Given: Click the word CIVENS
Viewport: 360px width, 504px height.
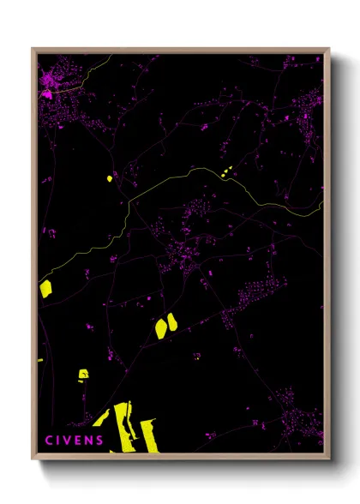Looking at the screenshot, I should [x=75, y=441].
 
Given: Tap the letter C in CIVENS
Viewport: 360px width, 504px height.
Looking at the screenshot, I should [x=48, y=441].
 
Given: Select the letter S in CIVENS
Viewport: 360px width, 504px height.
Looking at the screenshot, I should [x=100, y=441].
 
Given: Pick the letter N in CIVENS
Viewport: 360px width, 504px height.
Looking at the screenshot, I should [x=90, y=441].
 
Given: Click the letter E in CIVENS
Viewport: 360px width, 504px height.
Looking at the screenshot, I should [x=80, y=441].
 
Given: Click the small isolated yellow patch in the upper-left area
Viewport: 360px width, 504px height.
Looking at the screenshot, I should [x=110, y=178].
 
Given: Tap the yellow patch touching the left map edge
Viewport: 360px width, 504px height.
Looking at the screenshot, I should [x=45, y=288].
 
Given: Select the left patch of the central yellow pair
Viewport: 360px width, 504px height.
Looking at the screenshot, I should [x=159, y=327].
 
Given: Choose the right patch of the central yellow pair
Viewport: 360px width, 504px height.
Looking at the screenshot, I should [x=172, y=322].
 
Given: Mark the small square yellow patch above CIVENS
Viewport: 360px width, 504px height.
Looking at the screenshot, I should [x=83, y=374].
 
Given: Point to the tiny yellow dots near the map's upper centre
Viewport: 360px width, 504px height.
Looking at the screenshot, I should [x=227, y=173].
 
